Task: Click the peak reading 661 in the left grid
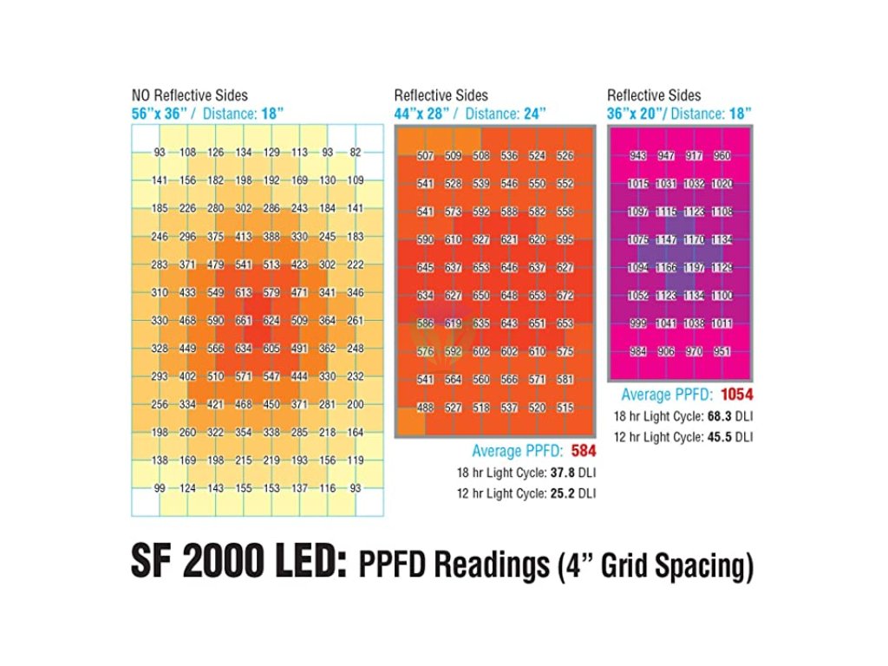[x=244, y=321]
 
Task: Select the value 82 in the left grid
[x=355, y=153]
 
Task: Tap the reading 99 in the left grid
[x=160, y=489]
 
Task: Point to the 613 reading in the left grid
[x=244, y=293]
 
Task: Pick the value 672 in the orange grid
[x=565, y=296]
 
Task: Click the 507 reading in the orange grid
[x=426, y=157]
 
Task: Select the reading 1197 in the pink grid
[x=693, y=268]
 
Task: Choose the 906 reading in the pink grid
[x=665, y=352]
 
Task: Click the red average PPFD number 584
[x=584, y=451]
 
